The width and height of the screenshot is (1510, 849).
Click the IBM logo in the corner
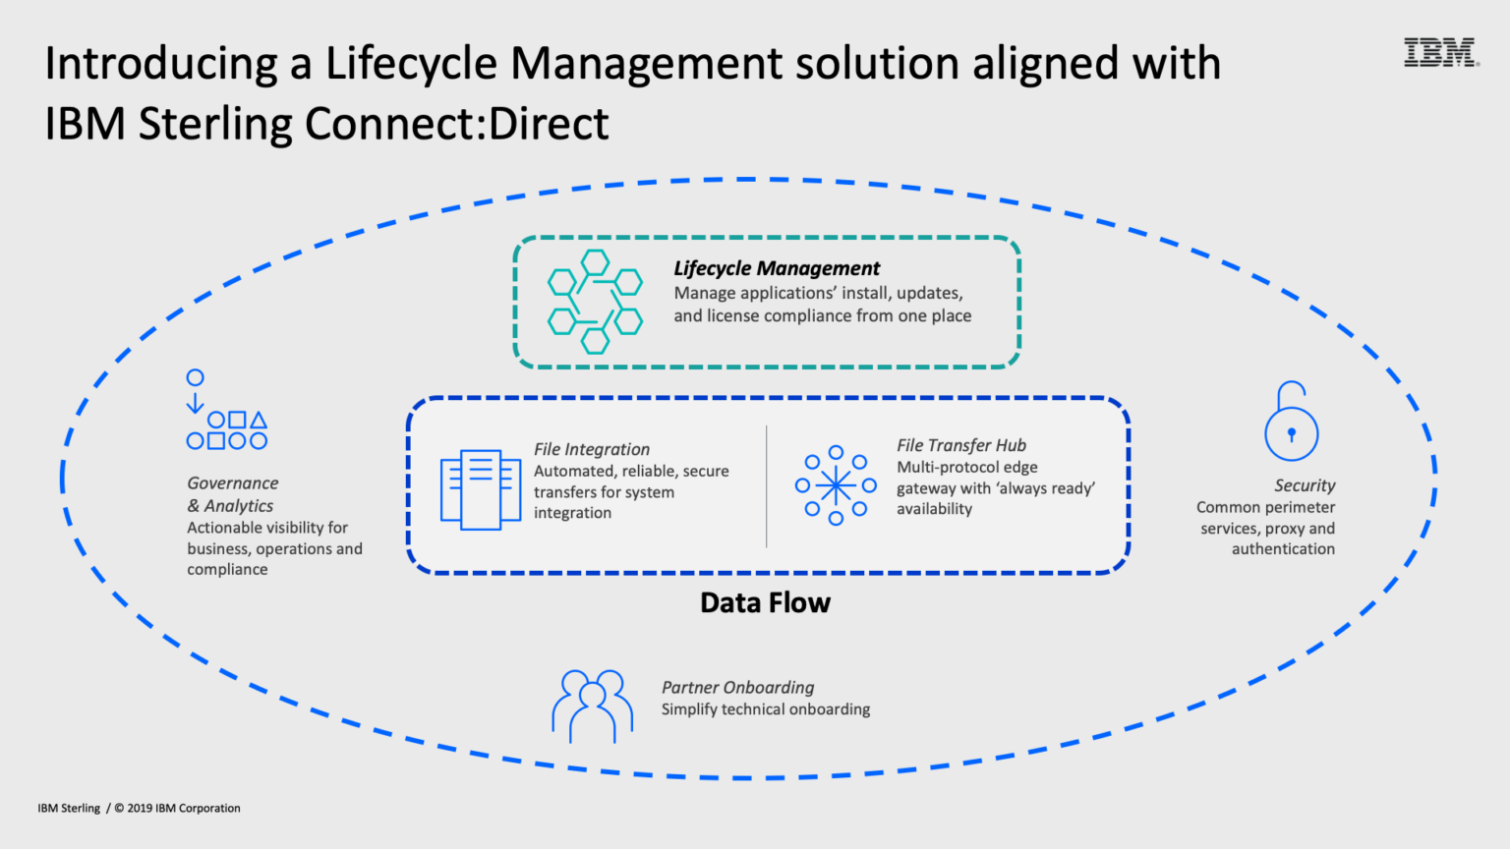tap(1440, 52)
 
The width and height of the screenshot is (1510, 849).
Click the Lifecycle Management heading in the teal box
tap(777, 268)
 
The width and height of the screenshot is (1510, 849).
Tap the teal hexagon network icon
tap(595, 302)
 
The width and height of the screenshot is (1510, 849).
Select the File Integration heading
tap(592, 449)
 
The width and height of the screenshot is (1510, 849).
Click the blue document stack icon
tap(481, 489)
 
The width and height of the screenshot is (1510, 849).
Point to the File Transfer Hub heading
tap(960, 445)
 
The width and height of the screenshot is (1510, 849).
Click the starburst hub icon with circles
tap(836, 485)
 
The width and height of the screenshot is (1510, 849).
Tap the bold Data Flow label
tap(765, 602)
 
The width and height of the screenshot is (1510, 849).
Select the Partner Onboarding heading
tap(737, 687)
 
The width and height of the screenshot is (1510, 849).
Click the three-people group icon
tap(592, 706)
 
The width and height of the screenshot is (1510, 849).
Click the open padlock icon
tap(1291, 423)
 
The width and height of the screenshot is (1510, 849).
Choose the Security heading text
tap(1305, 485)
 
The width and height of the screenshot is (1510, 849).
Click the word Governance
tap(233, 483)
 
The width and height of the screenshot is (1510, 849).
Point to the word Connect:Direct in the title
tap(456, 125)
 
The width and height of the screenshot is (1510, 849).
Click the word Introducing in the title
tap(161, 64)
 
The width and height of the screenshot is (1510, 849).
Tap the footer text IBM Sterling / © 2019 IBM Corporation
tap(139, 808)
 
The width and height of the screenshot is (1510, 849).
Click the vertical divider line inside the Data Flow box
tap(767, 486)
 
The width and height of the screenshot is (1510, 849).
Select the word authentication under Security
tap(1283, 549)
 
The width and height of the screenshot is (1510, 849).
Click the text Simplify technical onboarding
tap(765, 709)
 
